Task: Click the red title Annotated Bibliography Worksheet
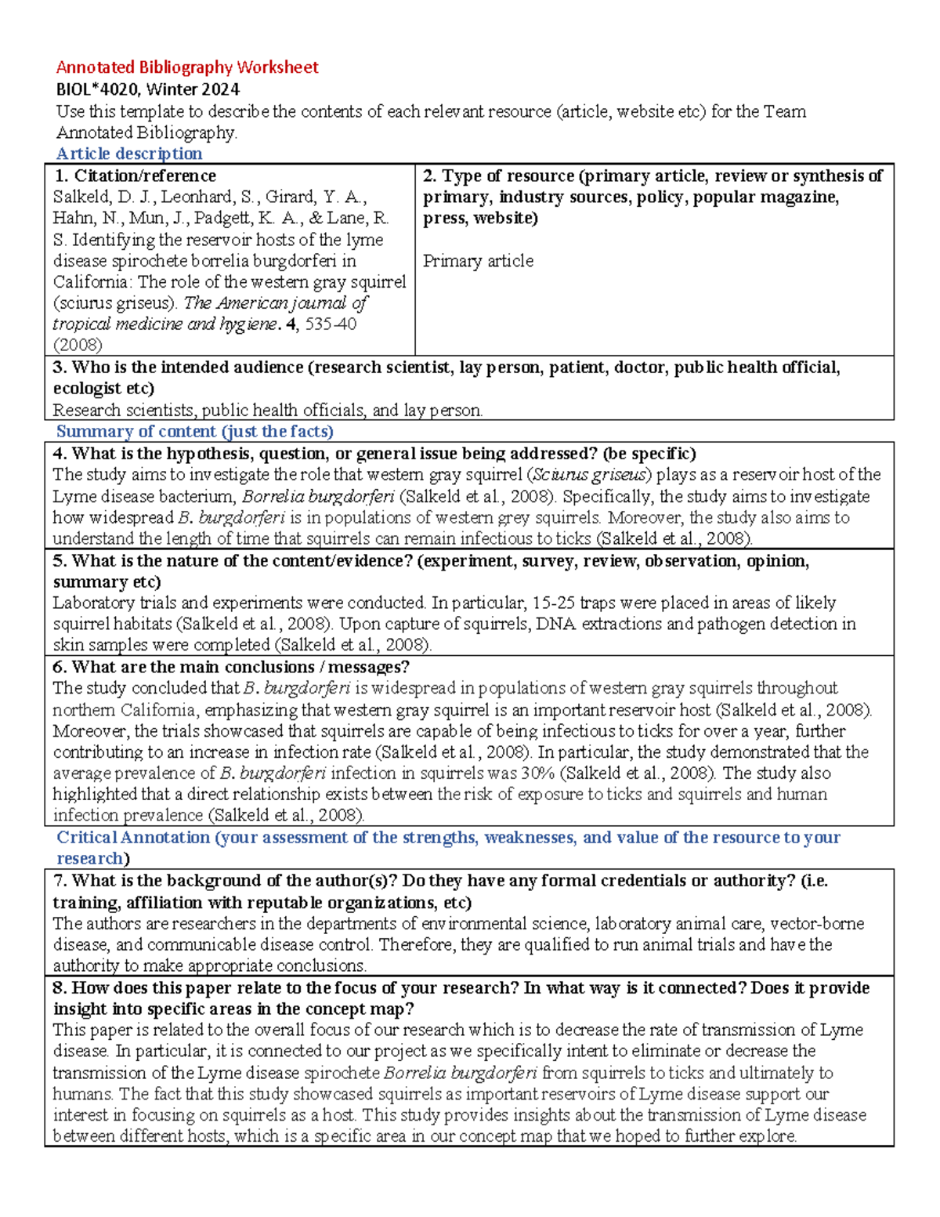point(186,67)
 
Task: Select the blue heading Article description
point(129,154)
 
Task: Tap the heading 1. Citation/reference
point(134,176)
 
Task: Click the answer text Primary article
point(478,261)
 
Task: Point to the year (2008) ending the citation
point(78,345)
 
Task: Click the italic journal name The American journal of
point(276,303)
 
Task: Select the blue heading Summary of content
point(194,432)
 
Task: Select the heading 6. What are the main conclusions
point(231,668)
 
